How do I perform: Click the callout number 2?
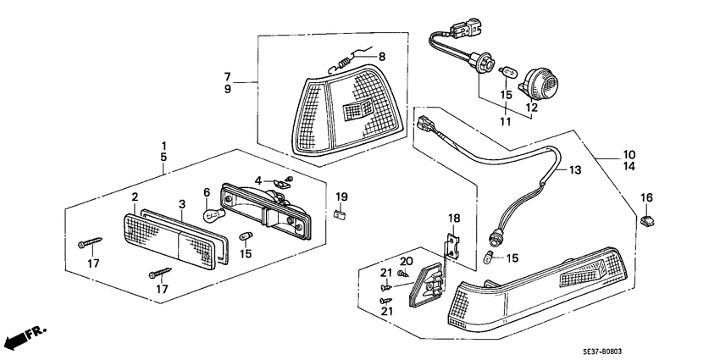[x=135, y=197]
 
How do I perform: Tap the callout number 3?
[x=181, y=204]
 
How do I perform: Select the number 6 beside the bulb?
[x=206, y=193]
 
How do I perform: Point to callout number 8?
[x=382, y=57]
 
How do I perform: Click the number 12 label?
[x=532, y=108]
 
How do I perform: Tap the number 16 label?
[x=646, y=197]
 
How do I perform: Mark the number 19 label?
[x=341, y=197]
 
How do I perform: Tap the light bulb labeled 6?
[x=210, y=216]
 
